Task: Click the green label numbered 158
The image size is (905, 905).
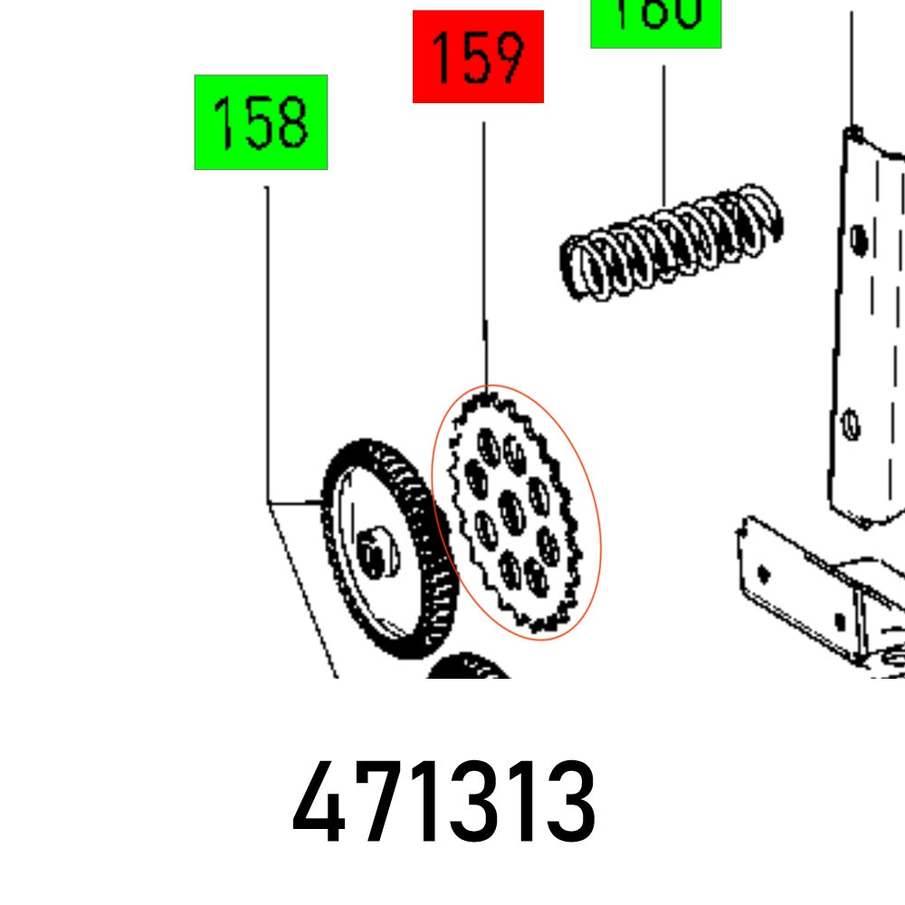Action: (261, 122)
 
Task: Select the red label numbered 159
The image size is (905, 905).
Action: (478, 57)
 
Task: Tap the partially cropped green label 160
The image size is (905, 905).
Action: (656, 23)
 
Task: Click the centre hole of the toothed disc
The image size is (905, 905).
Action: (512, 513)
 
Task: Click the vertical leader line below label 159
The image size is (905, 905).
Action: (484, 253)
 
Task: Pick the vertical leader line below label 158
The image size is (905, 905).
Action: (266, 344)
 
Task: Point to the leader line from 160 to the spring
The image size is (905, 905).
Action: (663, 136)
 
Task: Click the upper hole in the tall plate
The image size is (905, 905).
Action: (859, 241)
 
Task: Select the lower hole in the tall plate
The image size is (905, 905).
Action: (850, 423)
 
